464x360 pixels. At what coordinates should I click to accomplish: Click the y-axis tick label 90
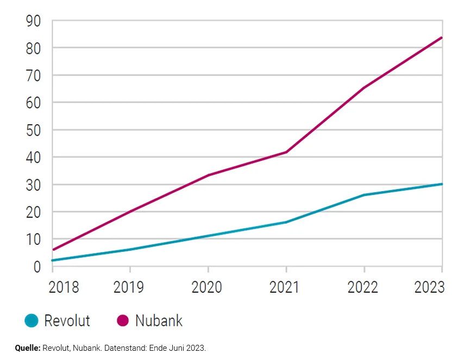[x=34, y=21]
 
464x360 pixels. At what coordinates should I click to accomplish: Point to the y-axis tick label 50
[x=34, y=130]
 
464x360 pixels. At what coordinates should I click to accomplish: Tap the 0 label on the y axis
[x=37, y=267]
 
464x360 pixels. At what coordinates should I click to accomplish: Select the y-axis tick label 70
[x=34, y=75]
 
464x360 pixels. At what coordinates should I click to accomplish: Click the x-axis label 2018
[x=64, y=287]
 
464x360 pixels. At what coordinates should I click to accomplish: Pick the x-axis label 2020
[x=208, y=287]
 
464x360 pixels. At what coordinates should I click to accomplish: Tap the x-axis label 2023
[x=429, y=287]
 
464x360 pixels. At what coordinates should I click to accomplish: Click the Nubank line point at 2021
[x=286, y=152]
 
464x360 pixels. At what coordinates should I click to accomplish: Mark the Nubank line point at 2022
[x=364, y=88]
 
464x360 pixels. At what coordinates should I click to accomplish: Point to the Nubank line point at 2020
[x=208, y=175]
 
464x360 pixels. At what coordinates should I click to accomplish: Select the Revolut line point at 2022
[x=364, y=195]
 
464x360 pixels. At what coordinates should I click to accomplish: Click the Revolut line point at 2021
[x=286, y=222]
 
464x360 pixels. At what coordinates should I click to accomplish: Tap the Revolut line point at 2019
[x=130, y=250]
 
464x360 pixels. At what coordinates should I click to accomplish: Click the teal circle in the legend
[x=32, y=321]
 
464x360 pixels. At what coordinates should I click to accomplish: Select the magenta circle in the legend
[x=122, y=321]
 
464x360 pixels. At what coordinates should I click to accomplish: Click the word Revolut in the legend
[x=67, y=321]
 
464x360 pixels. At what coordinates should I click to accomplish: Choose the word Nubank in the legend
[x=159, y=321]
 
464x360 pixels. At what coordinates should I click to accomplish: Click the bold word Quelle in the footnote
[x=28, y=348]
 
